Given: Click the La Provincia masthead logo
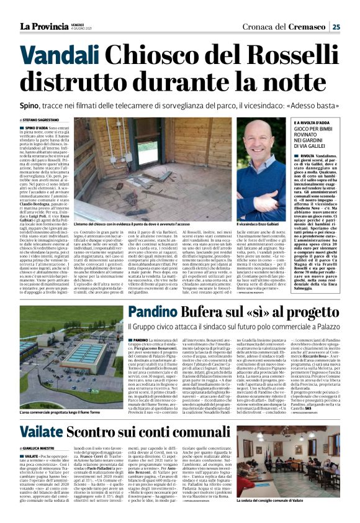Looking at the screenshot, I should tap(47, 26).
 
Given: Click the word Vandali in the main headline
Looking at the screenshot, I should tap(65, 57).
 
